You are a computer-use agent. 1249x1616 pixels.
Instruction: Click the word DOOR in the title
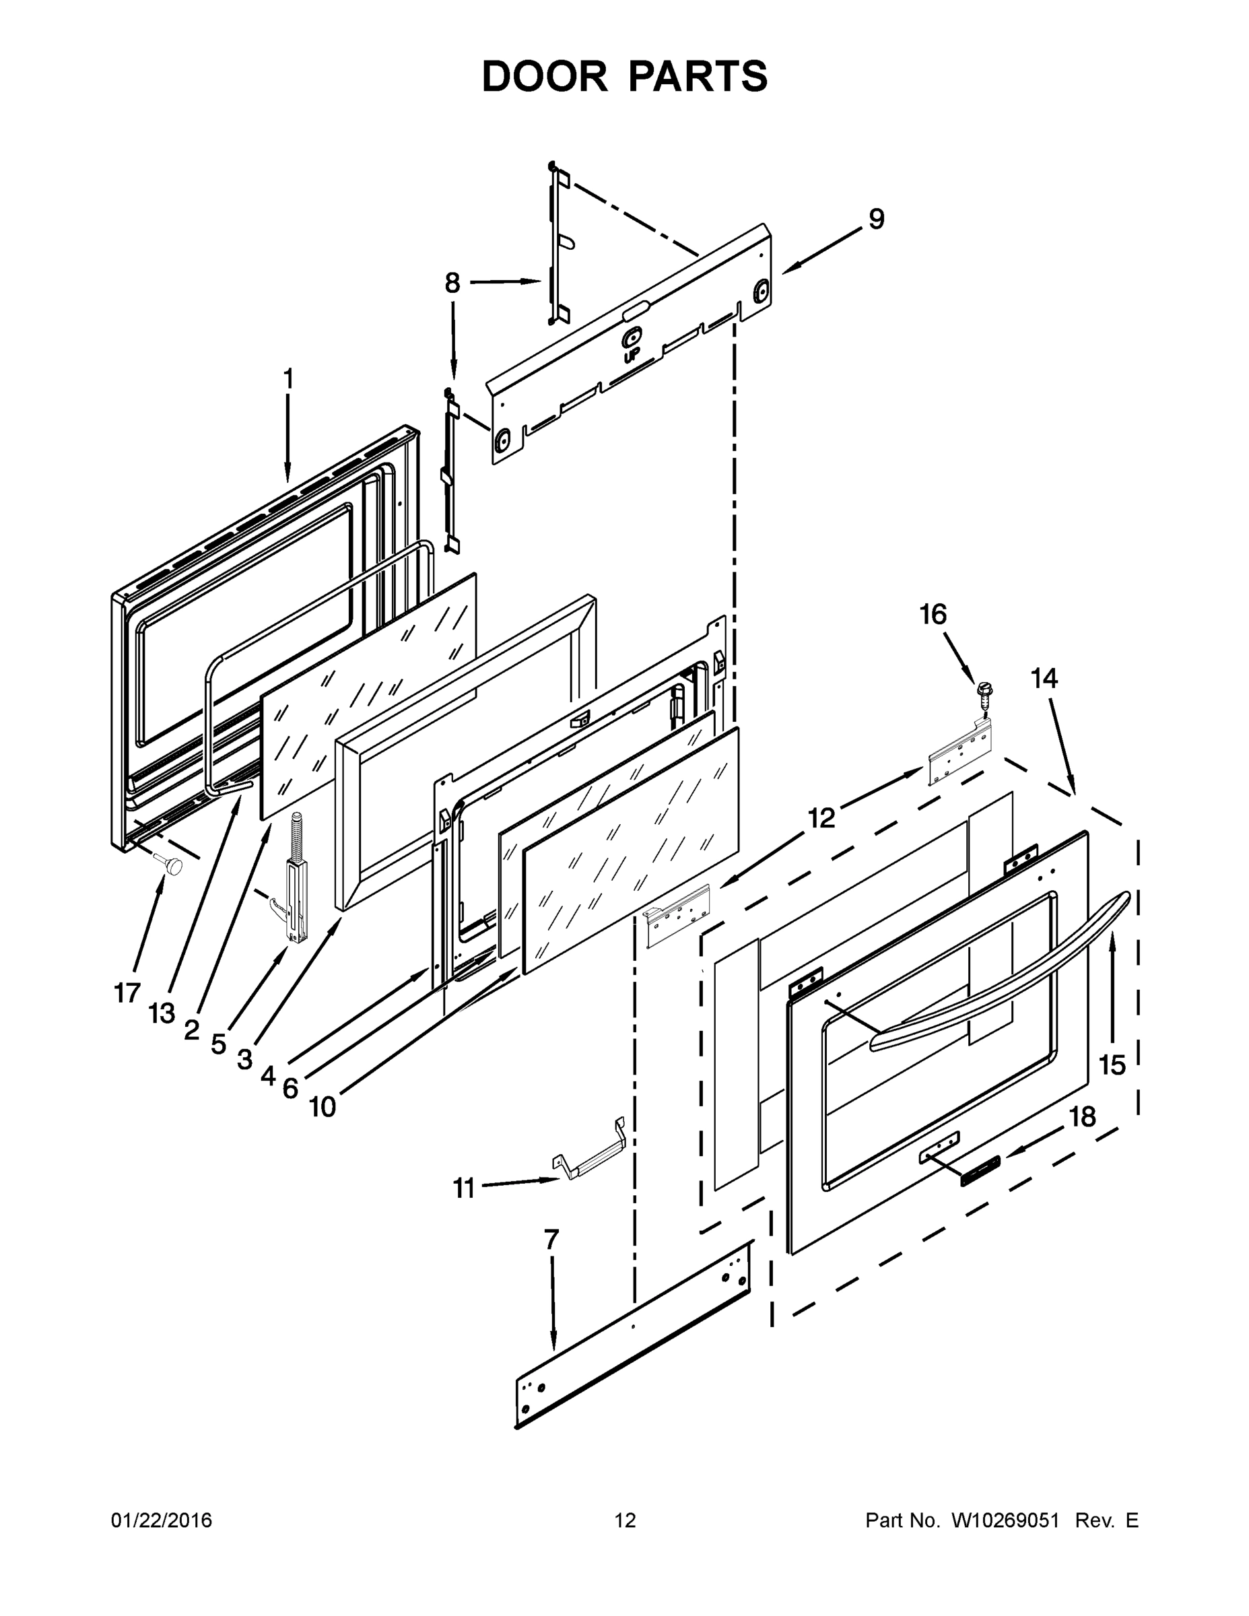pos(544,77)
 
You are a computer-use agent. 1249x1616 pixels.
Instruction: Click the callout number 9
pos(876,219)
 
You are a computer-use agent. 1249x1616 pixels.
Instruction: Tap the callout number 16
pos(933,614)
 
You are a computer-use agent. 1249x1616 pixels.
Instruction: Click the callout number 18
pos(1083,1116)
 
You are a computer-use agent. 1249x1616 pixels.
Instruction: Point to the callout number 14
pos(1044,678)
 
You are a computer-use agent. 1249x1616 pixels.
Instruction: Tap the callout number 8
pos(452,283)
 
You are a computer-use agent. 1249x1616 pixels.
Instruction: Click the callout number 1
pos(288,380)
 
